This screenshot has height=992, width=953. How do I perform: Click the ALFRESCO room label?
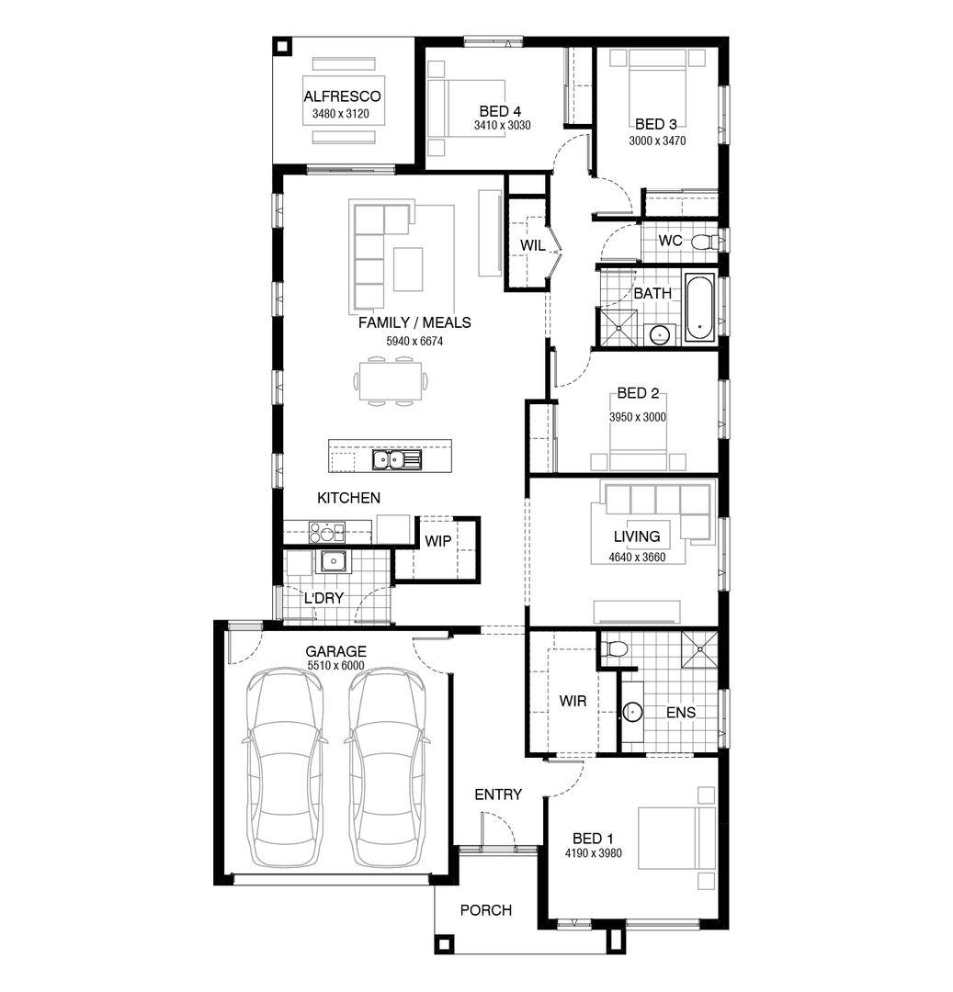point(342,96)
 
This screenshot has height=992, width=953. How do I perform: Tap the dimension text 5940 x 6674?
point(414,341)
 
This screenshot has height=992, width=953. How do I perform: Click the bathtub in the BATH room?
point(699,308)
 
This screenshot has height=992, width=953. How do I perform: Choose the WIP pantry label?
point(437,541)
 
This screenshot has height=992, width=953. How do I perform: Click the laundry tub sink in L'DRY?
point(333,561)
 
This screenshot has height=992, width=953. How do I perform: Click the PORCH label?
point(486,910)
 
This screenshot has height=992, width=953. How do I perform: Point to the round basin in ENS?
point(632,713)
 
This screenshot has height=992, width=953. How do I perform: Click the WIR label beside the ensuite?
point(573,701)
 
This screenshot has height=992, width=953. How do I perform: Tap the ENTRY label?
point(498,795)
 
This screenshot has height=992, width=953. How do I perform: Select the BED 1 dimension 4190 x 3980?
point(594,853)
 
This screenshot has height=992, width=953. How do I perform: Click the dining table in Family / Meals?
point(390,381)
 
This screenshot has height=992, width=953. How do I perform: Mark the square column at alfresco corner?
point(282,48)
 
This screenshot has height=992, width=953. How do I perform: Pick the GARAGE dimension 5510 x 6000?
point(336,666)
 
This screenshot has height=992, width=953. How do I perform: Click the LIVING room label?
point(637,536)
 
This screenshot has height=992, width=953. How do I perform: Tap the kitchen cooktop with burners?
point(326,532)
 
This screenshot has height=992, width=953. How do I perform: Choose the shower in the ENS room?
point(700,649)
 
